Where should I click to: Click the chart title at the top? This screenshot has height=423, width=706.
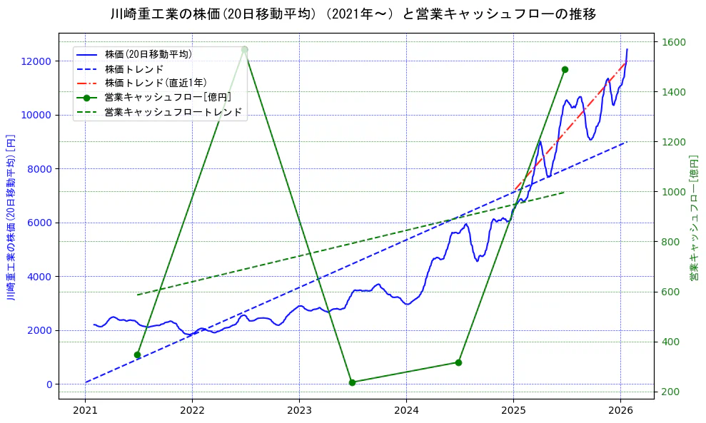pyautogui.click(x=353, y=14)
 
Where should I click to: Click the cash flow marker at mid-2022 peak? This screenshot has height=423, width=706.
pyautogui.click(x=244, y=49)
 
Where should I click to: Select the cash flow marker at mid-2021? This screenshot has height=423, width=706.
pyautogui.click(x=137, y=355)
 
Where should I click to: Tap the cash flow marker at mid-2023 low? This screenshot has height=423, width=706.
pyautogui.click(x=352, y=382)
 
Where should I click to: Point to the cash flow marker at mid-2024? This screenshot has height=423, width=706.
pyautogui.click(x=458, y=362)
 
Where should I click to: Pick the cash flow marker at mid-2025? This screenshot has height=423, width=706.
pyautogui.click(x=565, y=69)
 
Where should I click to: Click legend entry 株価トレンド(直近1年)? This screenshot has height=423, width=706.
pyautogui.click(x=156, y=83)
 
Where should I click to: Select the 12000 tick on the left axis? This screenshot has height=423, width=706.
pyautogui.click(x=39, y=61)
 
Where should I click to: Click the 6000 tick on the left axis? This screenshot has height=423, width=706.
pyautogui.click(x=41, y=223)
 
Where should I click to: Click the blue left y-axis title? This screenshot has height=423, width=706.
pyautogui.click(x=11, y=216)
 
